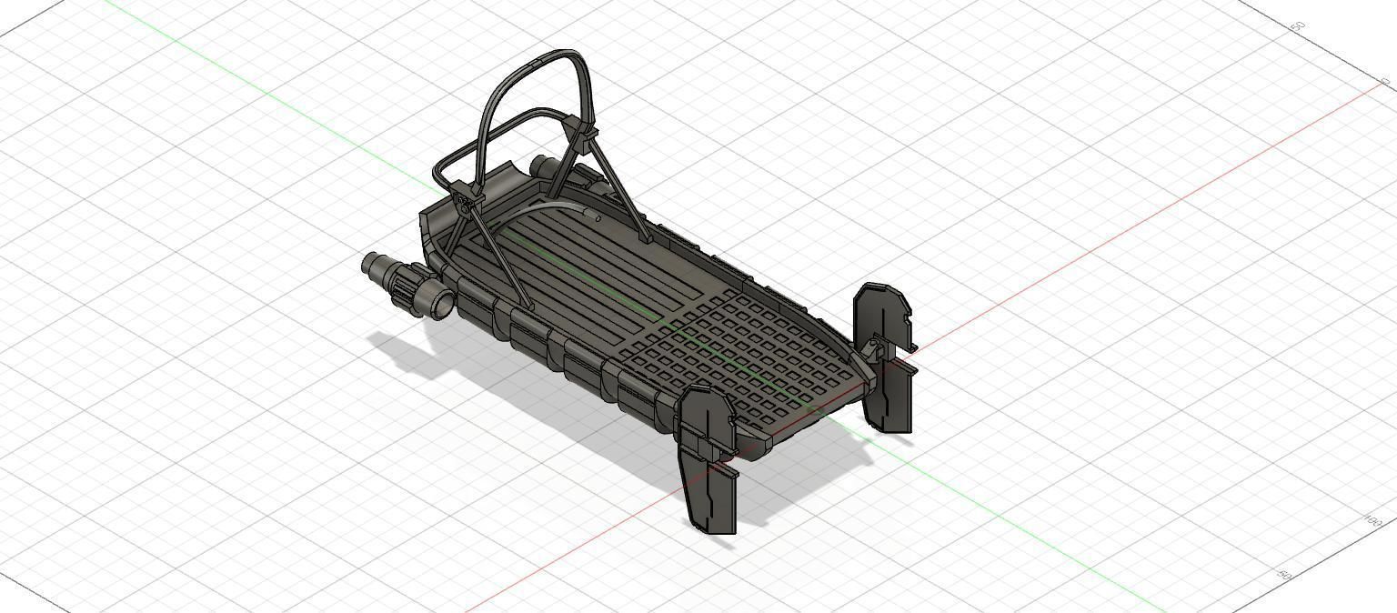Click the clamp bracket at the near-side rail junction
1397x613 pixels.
pos(463,196)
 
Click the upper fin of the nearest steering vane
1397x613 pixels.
pos(706,418)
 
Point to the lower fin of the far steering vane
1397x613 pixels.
pos(889,400)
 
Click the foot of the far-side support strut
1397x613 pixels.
pos(647,242)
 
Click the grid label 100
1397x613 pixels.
pos(1372,520)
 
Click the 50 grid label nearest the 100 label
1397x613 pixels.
pos(1284,576)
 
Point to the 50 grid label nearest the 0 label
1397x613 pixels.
pos(1299,27)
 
